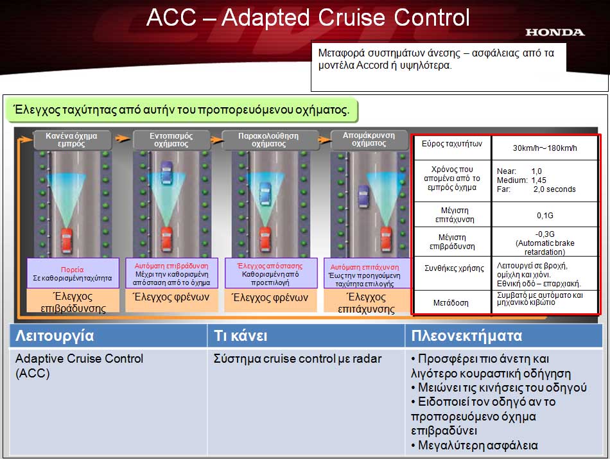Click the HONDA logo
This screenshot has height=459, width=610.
tap(555, 32)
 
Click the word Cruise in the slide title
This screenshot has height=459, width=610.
tap(352, 17)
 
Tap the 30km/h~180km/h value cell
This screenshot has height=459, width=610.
tap(545, 148)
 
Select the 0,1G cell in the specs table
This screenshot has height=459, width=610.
tap(545, 215)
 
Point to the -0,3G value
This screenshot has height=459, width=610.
tap(545, 234)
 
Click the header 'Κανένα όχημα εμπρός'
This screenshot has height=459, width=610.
tap(71, 140)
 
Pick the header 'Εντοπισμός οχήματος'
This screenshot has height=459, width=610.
tap(171, 140)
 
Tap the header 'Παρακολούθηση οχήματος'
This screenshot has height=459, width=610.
tap(268, 140)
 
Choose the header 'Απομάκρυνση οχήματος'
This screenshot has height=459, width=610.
tap(369, 139)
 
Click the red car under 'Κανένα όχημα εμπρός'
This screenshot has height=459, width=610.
tap(67, 241)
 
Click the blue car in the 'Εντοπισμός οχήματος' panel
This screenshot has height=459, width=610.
tap(166, 172)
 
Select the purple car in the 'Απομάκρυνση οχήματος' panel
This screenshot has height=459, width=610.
tap(363, 196)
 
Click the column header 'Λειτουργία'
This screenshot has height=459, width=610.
tap(55, 336)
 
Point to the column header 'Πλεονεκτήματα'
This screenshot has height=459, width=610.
tap(466, 335)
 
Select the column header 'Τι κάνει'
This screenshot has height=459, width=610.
tap(240, 335)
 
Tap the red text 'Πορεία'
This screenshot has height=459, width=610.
tap(72, 270)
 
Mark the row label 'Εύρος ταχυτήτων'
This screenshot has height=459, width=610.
tap(451, 144)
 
